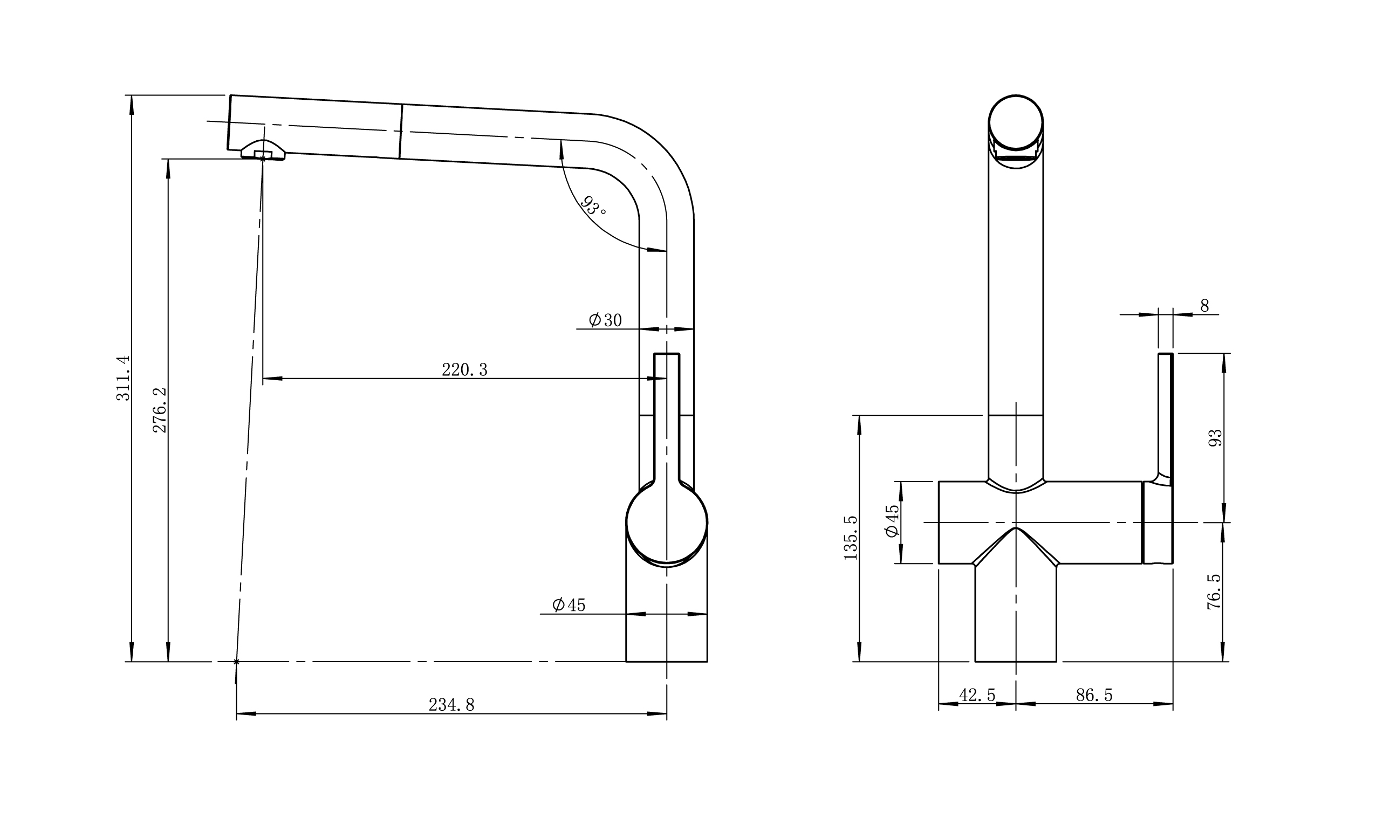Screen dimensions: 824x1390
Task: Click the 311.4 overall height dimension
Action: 123,378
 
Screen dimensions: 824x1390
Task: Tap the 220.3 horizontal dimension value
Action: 464,370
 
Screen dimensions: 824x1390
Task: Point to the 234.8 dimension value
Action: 451,705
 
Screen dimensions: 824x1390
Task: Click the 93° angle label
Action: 593,206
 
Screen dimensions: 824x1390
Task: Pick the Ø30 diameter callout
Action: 605,320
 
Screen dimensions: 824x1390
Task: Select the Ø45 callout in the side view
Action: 569,605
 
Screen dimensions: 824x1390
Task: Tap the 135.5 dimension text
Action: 851,538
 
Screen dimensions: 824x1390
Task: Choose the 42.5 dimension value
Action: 977,695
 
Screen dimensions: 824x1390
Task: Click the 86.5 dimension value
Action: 1094,695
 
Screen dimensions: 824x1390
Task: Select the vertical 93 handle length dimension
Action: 1216,438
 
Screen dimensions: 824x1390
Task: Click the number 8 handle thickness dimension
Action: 1204,306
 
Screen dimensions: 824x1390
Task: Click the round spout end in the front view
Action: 1015,122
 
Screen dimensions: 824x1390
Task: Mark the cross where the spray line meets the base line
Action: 236,662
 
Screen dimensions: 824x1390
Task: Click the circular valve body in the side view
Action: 666,525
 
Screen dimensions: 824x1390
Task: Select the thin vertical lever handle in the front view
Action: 1165,416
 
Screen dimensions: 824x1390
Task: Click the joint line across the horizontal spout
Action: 401,131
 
